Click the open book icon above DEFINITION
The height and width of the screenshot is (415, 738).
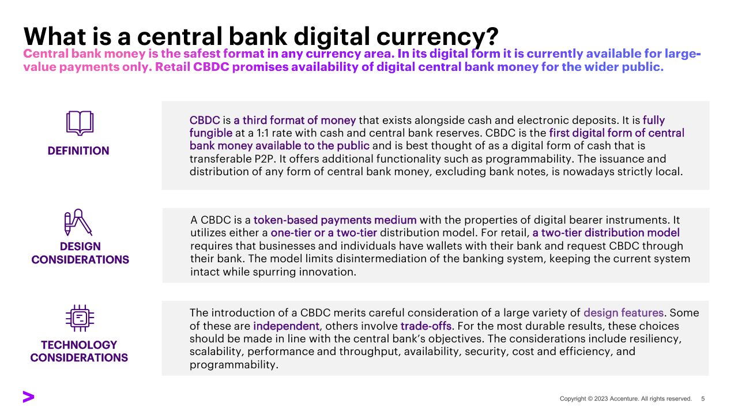point(80,123)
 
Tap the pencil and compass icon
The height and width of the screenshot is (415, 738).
point(78,222)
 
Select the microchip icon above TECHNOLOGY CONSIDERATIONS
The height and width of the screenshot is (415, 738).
point(80,318)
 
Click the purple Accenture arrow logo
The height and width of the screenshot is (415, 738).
point(28,397)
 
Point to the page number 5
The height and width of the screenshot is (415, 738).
point(703,399)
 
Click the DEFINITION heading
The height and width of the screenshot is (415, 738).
point(78,151)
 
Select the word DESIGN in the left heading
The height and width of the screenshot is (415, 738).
point(80,246)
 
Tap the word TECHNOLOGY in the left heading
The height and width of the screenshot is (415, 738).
point(79,345)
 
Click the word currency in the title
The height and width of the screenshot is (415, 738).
point(438,37)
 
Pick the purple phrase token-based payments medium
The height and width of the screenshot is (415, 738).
point(335,220)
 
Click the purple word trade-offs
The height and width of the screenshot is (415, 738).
point(426,326)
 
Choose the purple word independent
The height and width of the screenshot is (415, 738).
point(286,326)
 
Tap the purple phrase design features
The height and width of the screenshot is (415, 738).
point(623,312)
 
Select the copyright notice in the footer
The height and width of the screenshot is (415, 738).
point(626,399)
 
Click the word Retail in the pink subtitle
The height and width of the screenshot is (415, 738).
point(172,67)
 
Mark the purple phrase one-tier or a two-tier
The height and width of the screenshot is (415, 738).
point(323,233)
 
